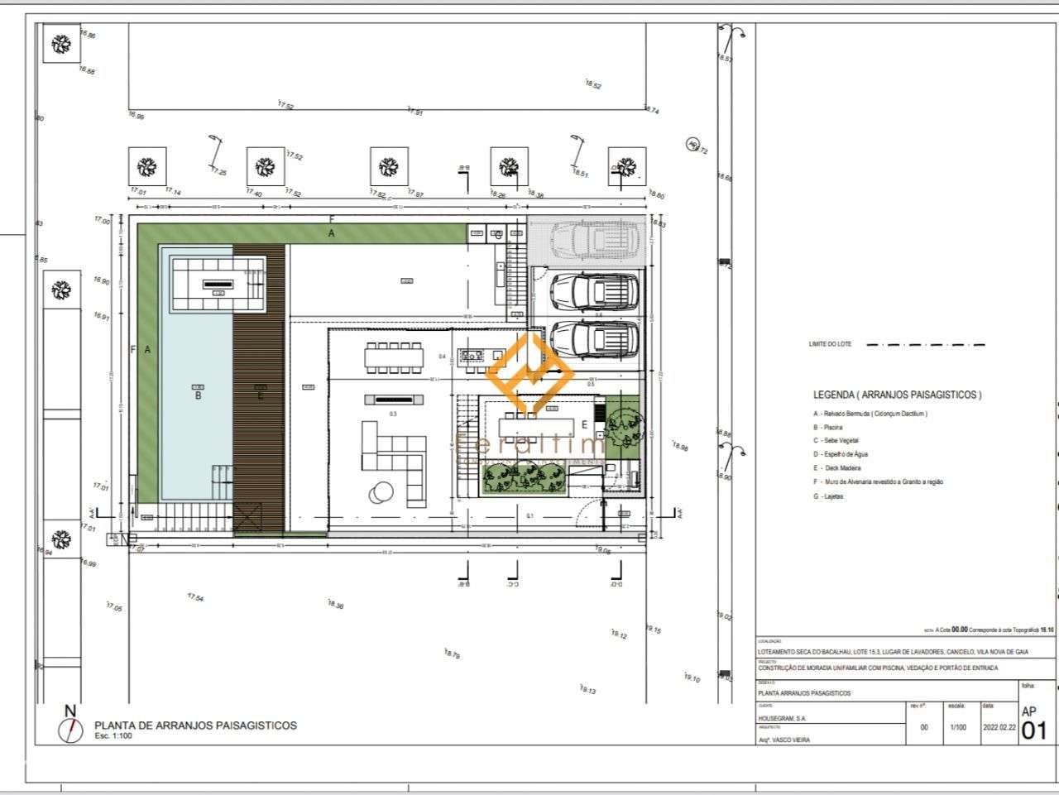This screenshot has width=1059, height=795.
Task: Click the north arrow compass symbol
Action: click(71, 729)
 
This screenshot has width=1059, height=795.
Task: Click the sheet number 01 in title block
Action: click(1034, 730)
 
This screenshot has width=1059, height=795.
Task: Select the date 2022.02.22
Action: click(999, 727)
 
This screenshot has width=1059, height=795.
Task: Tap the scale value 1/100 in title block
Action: click(957, 727)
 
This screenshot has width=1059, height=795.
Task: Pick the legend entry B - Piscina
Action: click(828, 428)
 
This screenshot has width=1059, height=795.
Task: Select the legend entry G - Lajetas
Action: click(828, 496)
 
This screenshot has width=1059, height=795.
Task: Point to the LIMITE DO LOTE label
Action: click(830, 344)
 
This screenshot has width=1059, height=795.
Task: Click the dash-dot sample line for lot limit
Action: click(925, 344)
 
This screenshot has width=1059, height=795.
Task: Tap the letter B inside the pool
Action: click(199, 395)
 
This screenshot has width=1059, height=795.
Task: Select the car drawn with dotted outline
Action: click(593, 240)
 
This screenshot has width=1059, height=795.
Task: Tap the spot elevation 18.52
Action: click(593, 85)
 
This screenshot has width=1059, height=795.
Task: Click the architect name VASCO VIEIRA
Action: click(785, 740)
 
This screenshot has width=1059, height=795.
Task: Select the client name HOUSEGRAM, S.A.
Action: click(783, 718)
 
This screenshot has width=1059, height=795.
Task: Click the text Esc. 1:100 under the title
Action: click(113, 735)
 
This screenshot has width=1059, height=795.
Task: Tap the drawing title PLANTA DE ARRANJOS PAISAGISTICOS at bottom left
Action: click(195, 725)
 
